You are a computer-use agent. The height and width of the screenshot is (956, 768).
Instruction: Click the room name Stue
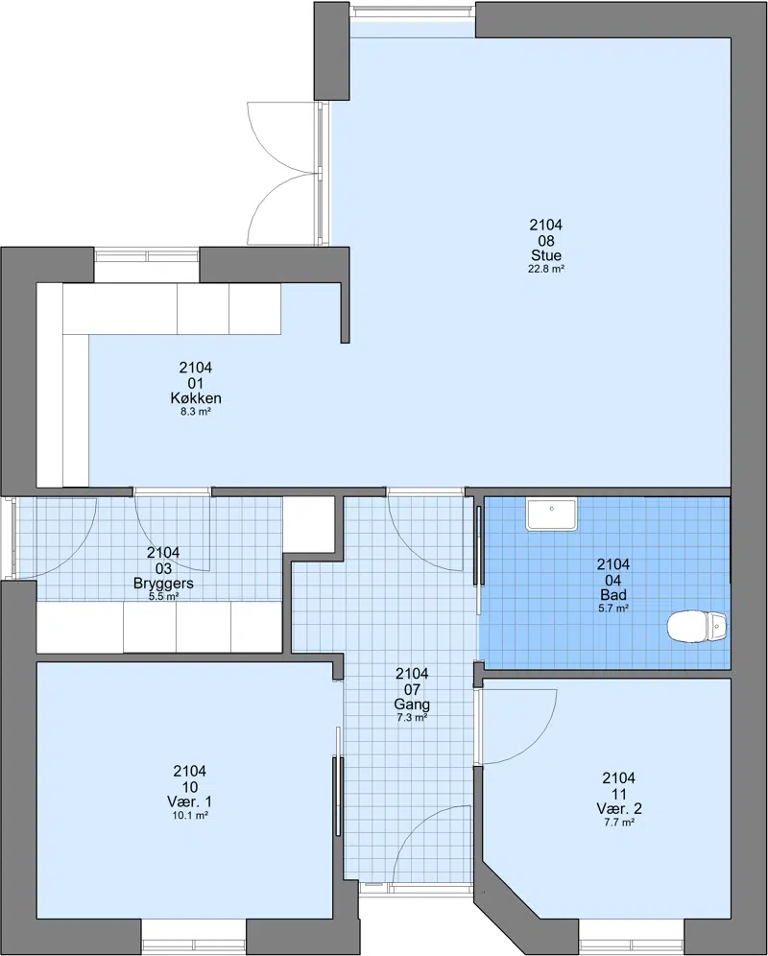[546, 255]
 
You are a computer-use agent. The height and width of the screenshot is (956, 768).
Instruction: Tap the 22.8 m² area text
[546, 269]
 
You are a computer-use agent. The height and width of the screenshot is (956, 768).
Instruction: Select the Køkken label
[196, 398]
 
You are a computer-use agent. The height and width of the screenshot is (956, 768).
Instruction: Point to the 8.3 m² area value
[196, 412]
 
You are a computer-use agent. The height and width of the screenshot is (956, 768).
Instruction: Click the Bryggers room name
[163, 584]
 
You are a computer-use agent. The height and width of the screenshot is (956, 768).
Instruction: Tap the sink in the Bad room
[551, 514]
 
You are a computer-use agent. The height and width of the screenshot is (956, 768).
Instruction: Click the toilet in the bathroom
[697, 626]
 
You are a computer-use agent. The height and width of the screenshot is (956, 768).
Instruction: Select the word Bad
[613, 594]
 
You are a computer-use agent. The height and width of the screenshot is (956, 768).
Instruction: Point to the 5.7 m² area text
[613, 608]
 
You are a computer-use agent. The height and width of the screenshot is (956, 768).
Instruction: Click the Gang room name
[412, 705]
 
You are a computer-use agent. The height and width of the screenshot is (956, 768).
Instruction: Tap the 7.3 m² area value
[412, 718]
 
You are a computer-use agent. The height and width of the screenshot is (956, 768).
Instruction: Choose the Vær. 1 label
[190, 801]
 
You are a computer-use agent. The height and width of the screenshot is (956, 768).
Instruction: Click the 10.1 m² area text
[190, 815]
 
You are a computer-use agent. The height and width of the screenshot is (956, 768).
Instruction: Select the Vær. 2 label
[618, 808]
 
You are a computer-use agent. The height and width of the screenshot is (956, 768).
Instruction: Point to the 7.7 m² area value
[618, 822]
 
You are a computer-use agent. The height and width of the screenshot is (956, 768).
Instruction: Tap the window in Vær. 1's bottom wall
[194, 937]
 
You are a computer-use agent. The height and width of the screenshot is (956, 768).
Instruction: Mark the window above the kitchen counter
[147, 265]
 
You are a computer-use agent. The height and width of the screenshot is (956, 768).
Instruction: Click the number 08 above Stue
[546, 240]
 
